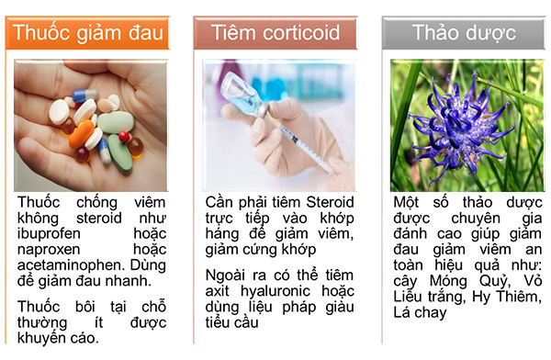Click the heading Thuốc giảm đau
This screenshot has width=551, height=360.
(90, 34)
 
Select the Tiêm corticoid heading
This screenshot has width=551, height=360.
(275, 34)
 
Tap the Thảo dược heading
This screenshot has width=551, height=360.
(464, 34)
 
